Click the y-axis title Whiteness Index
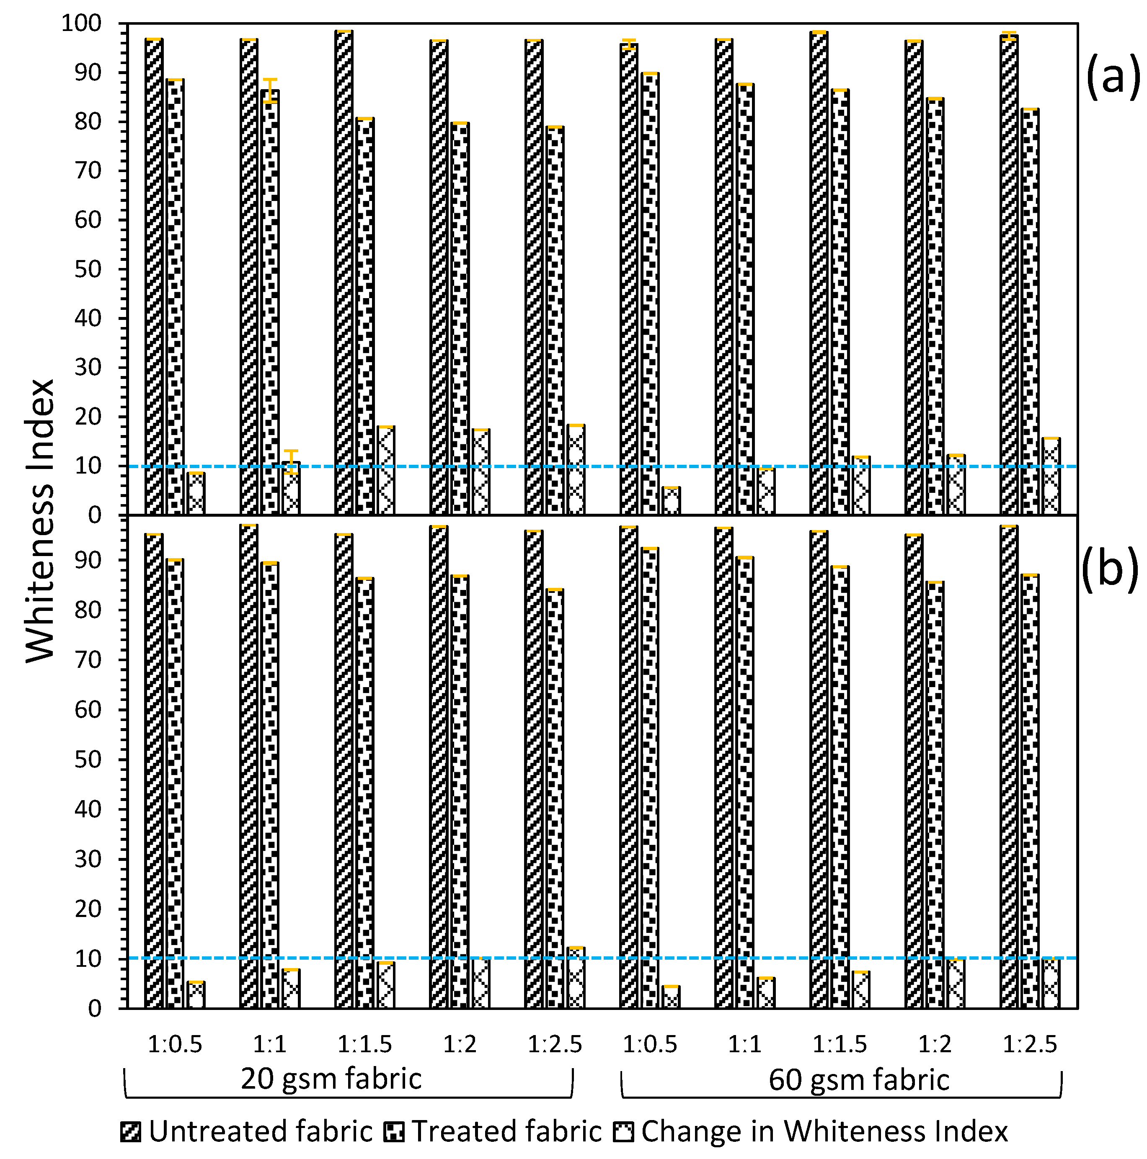click(x=41, y=521)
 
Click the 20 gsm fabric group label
click(x=331, y=1079)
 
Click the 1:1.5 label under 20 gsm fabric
click(x=364, y=1044)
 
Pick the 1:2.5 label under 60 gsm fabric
click(x=1030, y=1044)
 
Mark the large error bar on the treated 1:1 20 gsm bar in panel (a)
click(x=271, y=90)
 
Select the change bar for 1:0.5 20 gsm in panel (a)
click(x=196, y=494)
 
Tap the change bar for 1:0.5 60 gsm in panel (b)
click(x=671, y=997)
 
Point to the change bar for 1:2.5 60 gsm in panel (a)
click(x=1051, y=476)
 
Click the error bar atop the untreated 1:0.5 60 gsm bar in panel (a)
click(x=628, y=44)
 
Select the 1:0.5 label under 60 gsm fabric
click(x=650, y=1044)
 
